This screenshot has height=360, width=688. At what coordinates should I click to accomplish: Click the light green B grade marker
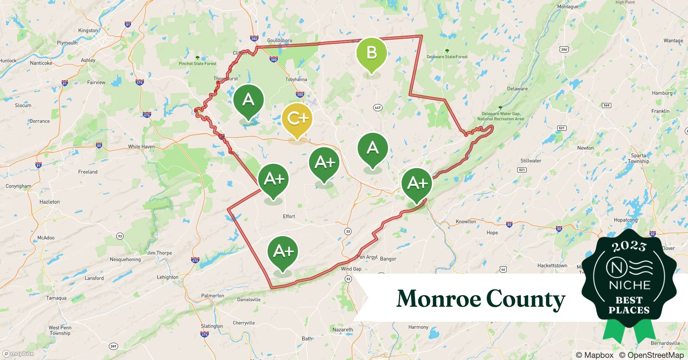tap(371, 53)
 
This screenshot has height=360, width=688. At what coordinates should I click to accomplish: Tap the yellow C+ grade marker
tap(297, 118)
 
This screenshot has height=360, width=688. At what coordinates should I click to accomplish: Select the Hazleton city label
tap(49, 202)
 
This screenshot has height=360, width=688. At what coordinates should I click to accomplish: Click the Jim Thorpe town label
tap(159, 253)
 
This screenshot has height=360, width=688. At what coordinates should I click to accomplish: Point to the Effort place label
tap(289, 216)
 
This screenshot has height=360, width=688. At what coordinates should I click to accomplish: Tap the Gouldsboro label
tap(280, 40)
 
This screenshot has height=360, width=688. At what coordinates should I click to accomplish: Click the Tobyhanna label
tap(296, 80)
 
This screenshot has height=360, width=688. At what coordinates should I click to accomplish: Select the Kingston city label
tap(88, 31)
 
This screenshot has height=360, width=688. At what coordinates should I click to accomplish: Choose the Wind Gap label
tap(351, 269)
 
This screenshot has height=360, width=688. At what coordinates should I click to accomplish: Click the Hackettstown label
tap(552, 266)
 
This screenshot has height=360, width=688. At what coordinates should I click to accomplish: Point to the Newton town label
tap(585, 148)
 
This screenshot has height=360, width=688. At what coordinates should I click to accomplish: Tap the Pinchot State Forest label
tap(197, 64)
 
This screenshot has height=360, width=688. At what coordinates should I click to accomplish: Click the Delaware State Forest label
tap(447, 57)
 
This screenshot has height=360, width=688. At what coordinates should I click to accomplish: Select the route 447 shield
tap(377, 108)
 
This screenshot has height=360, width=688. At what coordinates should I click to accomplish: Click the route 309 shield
tap(113, 346)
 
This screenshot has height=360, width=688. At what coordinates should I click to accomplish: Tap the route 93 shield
tap(120, 237)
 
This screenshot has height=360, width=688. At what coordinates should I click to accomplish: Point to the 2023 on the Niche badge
tap(629, 246)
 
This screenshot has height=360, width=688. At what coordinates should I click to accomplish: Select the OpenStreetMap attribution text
tap(651, 355)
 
